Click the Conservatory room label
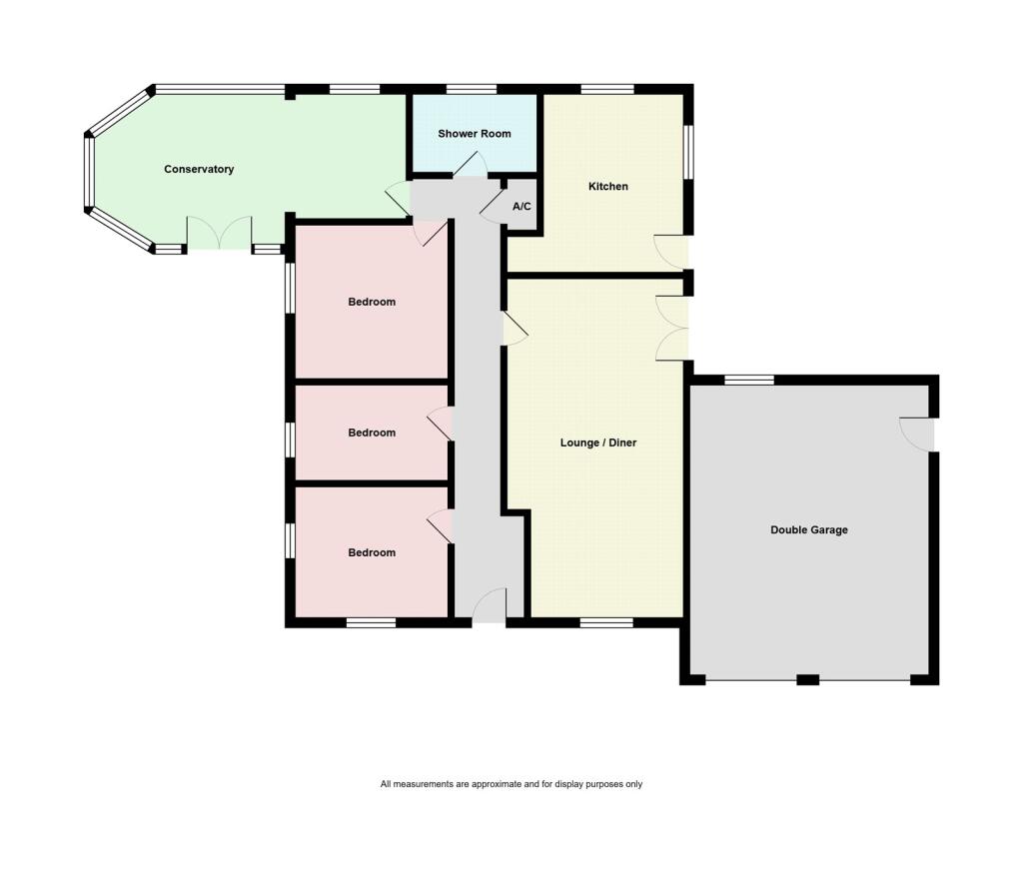[x=199, y=170]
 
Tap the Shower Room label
[x=474, y=134]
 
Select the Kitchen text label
[x=607, y=187]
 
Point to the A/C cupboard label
[x=521, y=207]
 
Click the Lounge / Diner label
[x=597, y=442]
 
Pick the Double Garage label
[x=808, y=530]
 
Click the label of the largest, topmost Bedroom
[x=372, y=302]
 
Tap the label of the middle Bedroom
[x=372, y=433]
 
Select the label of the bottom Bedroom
[x=372, y=552]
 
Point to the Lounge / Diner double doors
[x=672, y=328]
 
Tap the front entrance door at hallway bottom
[x=489, y=606]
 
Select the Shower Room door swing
[x=470, y=166]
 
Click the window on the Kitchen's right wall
[x=688, y=152]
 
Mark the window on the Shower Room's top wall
[x=472, y=90]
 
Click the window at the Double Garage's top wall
[x=749, y=380]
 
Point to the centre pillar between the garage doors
[x=807, y=680]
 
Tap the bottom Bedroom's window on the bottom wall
[x=371, y=622]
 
